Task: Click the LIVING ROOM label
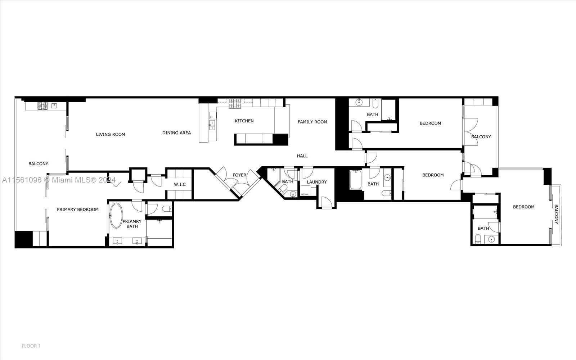(x=111, y=135)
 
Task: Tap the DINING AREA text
(x=176, y=133)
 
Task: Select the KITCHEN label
(x=244, y=121)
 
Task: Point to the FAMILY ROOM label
(x=312, y=122)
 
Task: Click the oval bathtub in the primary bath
(x=116, y=216)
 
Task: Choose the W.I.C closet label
(x=180, y=185)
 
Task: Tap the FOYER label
(x=239, y=175)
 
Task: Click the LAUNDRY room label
(x=317, y=182)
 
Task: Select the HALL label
(x=302, y=156)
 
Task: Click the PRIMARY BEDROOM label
(x=78, y=210)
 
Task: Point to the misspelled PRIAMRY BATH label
(x=132, y=224)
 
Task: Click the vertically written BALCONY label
(x=556, y=214)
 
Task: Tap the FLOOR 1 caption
(x=31, y=346)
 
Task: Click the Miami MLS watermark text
(x=59, y=180)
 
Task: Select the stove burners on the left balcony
(x=42, y=106)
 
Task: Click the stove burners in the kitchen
(x=235, y=103)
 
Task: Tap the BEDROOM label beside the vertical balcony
(x=523, y=207)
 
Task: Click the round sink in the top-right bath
(x=359, y=102)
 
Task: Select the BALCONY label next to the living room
(x=38, y=164)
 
